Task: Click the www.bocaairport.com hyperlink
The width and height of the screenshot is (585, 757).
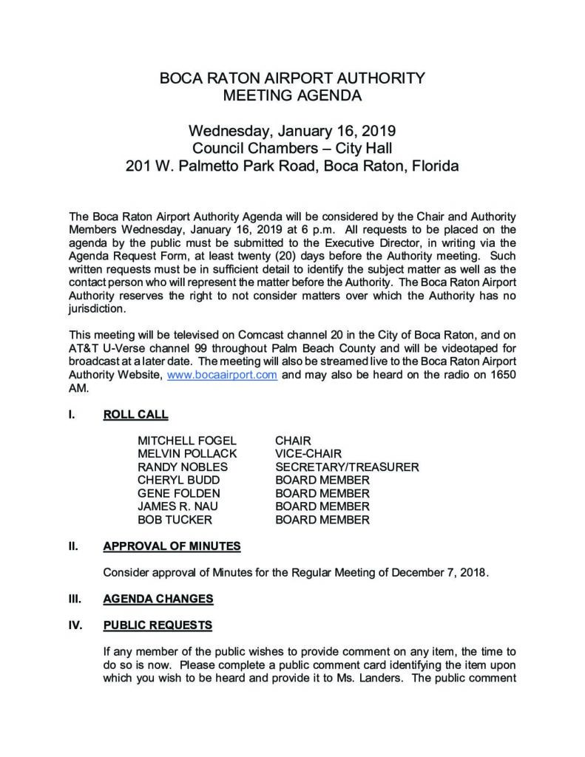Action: (223, 375)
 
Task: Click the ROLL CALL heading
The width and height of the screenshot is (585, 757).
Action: (135, 414)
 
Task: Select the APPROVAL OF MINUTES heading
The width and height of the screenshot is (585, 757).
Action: (172, 546)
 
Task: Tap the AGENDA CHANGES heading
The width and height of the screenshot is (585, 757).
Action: (158, 598)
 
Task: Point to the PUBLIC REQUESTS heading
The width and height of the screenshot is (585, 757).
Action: (158, 625)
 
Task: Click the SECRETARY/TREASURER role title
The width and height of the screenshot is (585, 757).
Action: (347, 467)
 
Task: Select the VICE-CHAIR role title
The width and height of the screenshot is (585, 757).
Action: (308, 454)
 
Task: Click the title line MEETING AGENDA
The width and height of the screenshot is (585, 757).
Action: (293, 95)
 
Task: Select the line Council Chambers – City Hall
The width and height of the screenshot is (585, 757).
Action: (293, 149)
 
